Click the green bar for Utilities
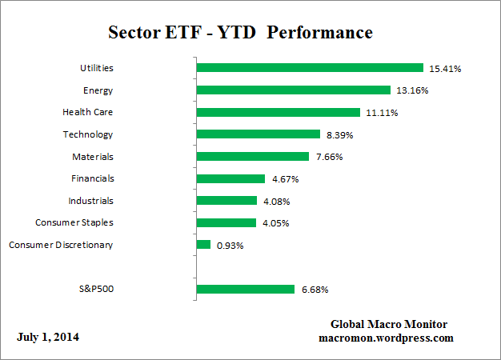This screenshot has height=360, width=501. [309, 68]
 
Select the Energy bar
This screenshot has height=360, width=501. [293, 90]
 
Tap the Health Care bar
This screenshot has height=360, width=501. [278, 113]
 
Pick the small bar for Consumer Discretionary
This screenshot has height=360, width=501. [203, 245]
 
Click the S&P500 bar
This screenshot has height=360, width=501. [245, 289]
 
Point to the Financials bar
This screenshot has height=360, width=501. [230, 178]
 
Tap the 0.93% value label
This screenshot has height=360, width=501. [230, 246]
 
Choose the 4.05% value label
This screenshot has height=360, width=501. [275, 223]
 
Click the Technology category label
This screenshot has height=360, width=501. [88, 134]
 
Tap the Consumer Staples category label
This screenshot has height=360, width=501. [74, 222]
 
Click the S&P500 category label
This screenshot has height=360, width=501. [96, 289]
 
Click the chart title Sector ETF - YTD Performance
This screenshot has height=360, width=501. [240, 33]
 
